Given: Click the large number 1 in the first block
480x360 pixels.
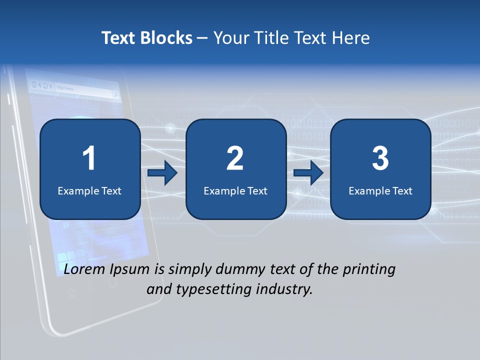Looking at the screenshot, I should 89,159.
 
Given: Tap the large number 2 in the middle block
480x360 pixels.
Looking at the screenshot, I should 235,159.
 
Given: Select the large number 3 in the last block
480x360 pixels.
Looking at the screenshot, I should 380,159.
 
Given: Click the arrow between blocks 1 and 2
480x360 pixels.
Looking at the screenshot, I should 162,173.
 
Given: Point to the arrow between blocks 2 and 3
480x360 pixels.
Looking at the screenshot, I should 308,173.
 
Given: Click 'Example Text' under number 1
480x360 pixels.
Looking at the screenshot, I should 89,191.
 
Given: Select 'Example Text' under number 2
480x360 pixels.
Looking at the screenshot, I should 235,191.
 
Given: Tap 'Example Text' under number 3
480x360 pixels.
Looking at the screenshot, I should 380,191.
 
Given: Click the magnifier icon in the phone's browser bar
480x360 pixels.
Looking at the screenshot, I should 115,94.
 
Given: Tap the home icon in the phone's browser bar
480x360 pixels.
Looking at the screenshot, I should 33,84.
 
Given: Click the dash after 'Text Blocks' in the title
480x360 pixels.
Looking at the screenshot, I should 203,38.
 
